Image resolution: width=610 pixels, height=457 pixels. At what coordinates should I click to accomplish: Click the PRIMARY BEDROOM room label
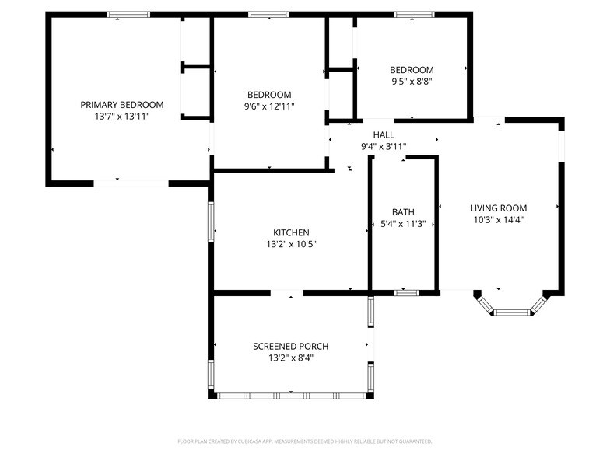[122, 105]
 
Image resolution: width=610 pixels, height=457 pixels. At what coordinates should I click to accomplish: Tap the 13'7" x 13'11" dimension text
[122, 116]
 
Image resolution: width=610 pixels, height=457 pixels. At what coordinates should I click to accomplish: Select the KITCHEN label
[291, 232]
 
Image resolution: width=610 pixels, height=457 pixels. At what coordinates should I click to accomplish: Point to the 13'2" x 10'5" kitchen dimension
[291, 243]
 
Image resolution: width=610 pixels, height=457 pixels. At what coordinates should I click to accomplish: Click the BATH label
[403, 212]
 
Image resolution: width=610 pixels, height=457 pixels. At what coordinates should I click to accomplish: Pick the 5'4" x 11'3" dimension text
[403, 224]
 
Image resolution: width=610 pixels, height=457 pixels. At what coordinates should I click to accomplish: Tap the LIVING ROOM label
[498, 208]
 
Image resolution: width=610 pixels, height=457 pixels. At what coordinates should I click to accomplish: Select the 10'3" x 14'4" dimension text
[498, 219]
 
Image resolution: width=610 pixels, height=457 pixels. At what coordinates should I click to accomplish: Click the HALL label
[384, 134]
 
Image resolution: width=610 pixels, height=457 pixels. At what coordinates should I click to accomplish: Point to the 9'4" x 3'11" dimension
[384, 146]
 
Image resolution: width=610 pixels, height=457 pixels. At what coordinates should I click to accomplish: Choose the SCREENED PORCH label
[291, 347]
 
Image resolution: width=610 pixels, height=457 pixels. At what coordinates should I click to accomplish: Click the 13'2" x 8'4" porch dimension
[291, 358]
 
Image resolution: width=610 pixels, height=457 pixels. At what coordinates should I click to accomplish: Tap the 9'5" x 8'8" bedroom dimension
[412, 81]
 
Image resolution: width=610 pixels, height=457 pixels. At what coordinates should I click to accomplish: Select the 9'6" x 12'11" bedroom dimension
[269, 106]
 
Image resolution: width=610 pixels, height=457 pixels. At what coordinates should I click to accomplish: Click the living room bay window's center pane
[512, 312]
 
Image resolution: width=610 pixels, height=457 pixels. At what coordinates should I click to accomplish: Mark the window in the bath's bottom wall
[405, 292]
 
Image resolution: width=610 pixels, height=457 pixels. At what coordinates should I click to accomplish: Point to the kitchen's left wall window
[210, 222]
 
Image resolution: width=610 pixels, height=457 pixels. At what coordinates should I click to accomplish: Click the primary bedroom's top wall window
[128, 14]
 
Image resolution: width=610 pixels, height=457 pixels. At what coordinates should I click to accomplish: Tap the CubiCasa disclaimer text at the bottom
[304, 441]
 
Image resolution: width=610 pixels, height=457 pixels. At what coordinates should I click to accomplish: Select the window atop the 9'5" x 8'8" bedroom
[414, 14]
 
